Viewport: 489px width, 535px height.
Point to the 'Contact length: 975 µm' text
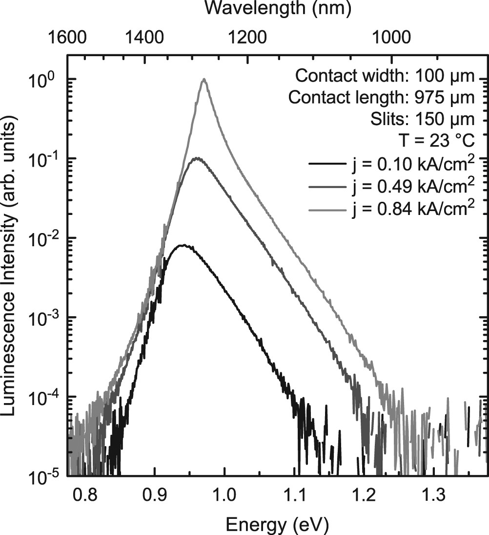click(x=381, y=98)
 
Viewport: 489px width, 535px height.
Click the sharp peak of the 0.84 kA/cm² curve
click(x=204, y=79)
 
